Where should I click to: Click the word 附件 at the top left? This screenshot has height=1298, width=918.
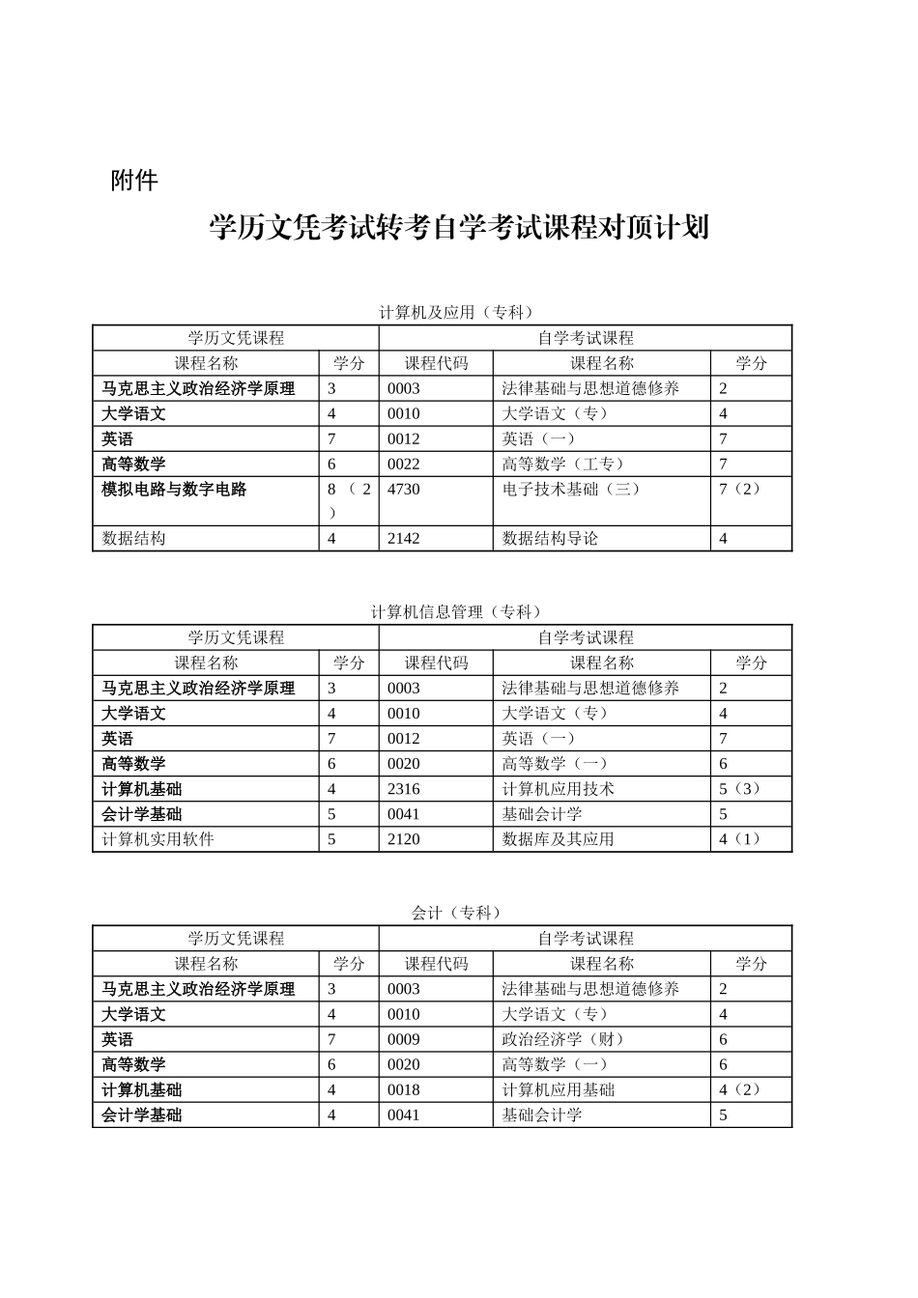pos(134,181)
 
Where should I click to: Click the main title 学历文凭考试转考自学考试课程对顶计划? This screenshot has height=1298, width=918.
pos(459,228)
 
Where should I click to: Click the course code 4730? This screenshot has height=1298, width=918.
pos(404,490)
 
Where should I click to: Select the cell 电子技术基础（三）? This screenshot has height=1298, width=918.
pos(571,490)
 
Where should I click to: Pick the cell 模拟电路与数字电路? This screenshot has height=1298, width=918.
pos(175,490)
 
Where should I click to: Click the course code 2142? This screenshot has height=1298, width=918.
pos(404,539)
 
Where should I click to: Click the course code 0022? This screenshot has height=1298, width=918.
pos(404,465)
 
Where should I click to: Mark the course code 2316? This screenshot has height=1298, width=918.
pos(404,789)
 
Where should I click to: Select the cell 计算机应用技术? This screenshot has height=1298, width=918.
pos(559,789)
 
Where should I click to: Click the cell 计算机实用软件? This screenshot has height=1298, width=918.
pos(158,839)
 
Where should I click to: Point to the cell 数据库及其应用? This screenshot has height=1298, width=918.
pos(559,839)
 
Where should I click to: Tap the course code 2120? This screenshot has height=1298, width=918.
pos(404,839)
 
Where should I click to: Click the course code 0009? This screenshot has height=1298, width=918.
pos(404,1040)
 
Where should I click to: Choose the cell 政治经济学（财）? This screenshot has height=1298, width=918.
pos(563,1040)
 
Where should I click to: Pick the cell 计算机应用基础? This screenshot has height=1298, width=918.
pos(559,1090)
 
